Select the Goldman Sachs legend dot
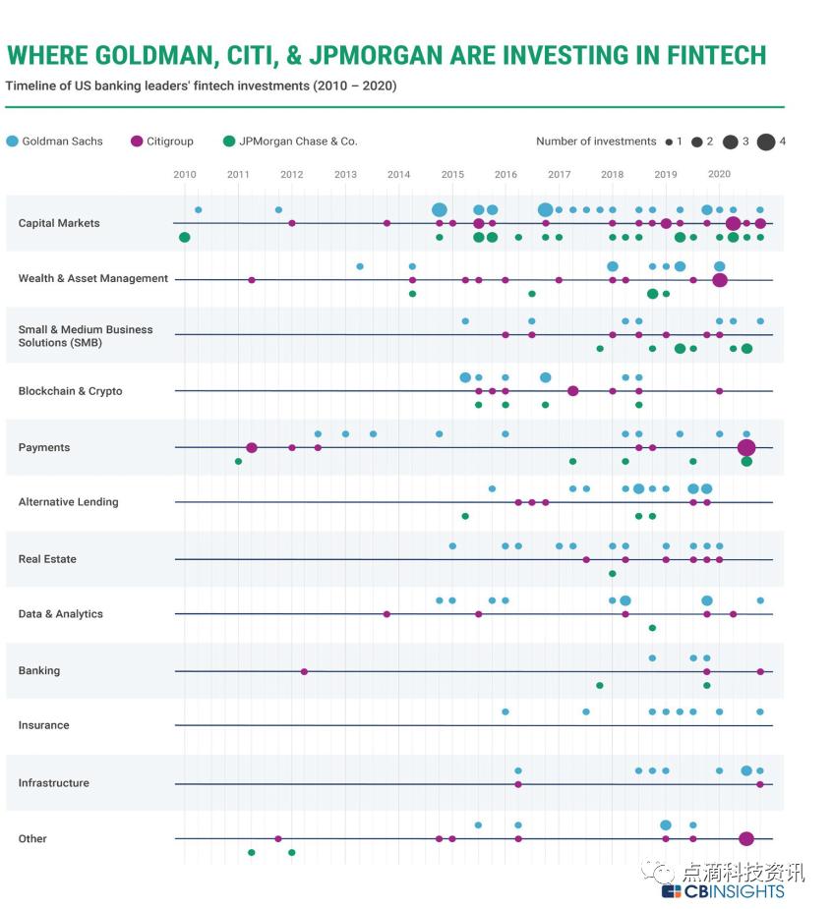pyautogui.click(x=12, y=142)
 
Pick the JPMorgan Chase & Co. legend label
pyautogui.click(x=298, y=142)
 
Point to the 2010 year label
pyautogui.click(x=185, y=175)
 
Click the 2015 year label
pyautogui.click(x=452, y=175)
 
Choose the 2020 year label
pyautogui.click(x=719, y=175)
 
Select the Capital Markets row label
pyautogui.click(x=59, y=223)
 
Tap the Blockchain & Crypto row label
pyautogui.click(x=70, y=391)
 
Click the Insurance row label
pyautogui.click(x=43, y=725)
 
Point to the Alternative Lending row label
pyautogui.click(x=68, y=502)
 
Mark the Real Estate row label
pyautogui.click(x=47, y=559)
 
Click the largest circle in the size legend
pyautogui.click(x=766, y=142)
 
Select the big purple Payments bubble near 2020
pyautogui.click(x=746, y=448)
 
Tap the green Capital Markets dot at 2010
pyautogui.click(x=185, y=237)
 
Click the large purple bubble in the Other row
pyautogui.click(x=746, y=839)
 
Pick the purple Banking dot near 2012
pyautogui.click(x=304, y=672)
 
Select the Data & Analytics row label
pyautogui.click(x=60, y=614)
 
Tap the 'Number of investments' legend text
pyautogui.click(x=596, y=142)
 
